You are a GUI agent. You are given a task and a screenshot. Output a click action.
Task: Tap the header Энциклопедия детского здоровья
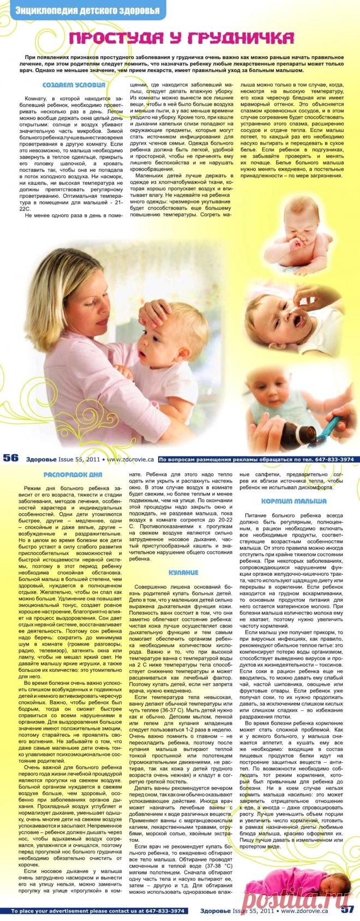pos(87,10)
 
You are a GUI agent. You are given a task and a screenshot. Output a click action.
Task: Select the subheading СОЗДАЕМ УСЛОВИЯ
pos(74,85)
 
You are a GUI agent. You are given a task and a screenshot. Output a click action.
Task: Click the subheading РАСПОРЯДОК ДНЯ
pos(73,474)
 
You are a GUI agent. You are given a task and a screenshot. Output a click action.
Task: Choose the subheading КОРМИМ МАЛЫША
pos(293,501)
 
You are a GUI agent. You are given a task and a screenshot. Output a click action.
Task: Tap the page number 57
pos(348,909)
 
